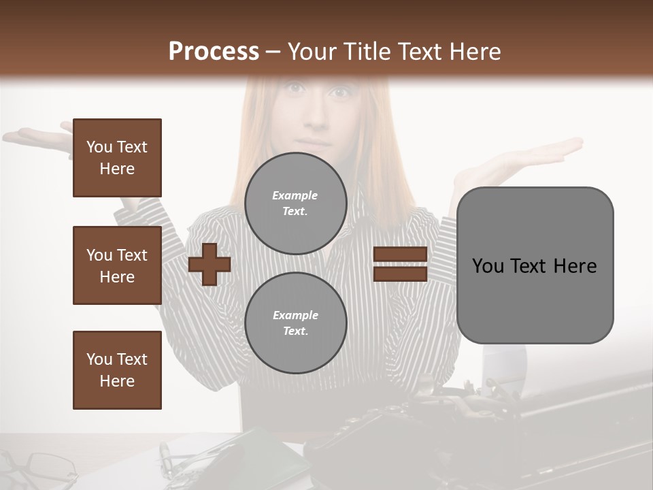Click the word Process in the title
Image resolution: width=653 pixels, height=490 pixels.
point(214,51)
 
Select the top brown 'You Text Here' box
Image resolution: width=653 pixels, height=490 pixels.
point(117,158)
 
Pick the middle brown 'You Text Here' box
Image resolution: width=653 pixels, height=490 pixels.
point(117,265)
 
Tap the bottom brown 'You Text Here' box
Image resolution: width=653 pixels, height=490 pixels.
point(117,370)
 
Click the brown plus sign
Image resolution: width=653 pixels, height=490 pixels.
point(209,265)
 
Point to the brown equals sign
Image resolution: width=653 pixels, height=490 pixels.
point(400,265)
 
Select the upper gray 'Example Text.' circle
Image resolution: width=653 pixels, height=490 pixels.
point(296,203)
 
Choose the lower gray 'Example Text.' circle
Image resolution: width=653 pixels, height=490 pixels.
point(296,323)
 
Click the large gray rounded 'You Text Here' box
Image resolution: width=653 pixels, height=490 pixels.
point(535,265)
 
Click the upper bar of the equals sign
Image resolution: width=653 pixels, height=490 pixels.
point(400,255)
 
